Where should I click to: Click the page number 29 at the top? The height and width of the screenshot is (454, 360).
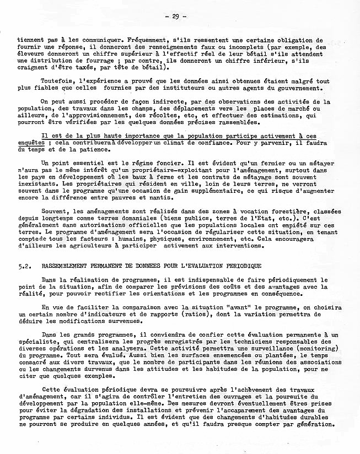(175, 17)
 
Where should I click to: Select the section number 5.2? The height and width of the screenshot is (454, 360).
(24, 266)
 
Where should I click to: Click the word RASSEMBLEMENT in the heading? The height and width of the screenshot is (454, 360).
(67, 266)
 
